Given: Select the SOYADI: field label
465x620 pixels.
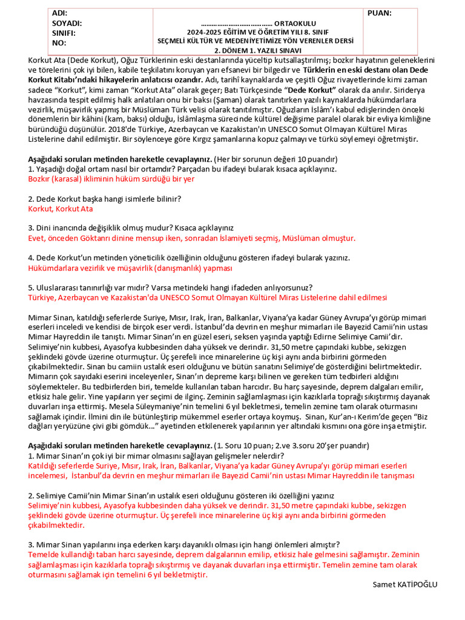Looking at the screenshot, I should tap(67, 23).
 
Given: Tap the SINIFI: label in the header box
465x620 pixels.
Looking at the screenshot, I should tap(64, 33).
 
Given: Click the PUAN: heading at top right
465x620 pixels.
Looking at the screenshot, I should tap(379, 13).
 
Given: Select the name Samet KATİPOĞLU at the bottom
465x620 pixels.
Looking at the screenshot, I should tap(405, 584).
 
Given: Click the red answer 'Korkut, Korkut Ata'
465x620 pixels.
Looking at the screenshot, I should tap(61, 208).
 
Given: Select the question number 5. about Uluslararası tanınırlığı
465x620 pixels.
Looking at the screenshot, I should tap(31, 288).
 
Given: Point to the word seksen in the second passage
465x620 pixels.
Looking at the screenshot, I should tap(270, 337).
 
